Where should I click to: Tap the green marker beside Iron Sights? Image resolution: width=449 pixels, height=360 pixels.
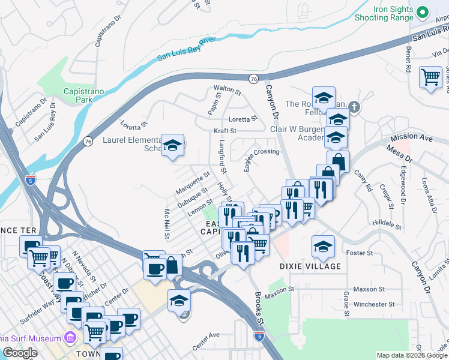422,12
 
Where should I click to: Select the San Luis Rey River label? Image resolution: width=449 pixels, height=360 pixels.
186,49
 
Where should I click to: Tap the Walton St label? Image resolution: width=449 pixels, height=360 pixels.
228,91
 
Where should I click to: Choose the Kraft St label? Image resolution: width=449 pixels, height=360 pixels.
225,130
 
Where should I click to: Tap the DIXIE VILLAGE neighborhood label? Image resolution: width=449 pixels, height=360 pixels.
310,266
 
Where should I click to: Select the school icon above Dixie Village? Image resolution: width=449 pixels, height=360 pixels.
323,246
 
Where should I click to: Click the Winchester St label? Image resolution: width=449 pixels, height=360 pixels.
374,304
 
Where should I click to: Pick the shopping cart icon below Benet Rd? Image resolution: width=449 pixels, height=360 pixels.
430,77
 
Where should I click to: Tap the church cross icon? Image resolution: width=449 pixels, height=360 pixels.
354,107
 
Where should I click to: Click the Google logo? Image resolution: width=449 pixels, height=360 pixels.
20,353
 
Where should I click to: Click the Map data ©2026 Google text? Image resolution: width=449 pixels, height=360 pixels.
411,355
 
